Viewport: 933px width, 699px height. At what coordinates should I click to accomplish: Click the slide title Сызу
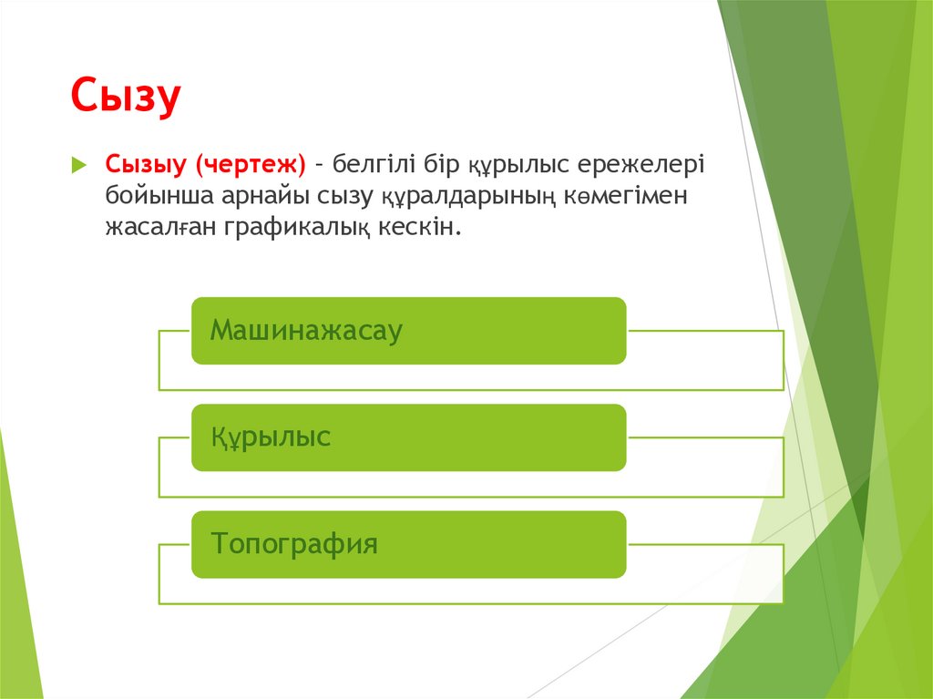(x=127, y=98)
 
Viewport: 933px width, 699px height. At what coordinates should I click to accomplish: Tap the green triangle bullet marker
(x=78, y=166)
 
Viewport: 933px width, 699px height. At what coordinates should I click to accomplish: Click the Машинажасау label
(x=306, y=330)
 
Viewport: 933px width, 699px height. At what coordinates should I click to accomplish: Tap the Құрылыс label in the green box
(x=271, y=437)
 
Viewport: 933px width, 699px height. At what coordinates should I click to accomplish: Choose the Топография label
(x=293, y=544)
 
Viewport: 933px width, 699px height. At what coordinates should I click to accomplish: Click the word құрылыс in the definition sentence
(x=519, y=165)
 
